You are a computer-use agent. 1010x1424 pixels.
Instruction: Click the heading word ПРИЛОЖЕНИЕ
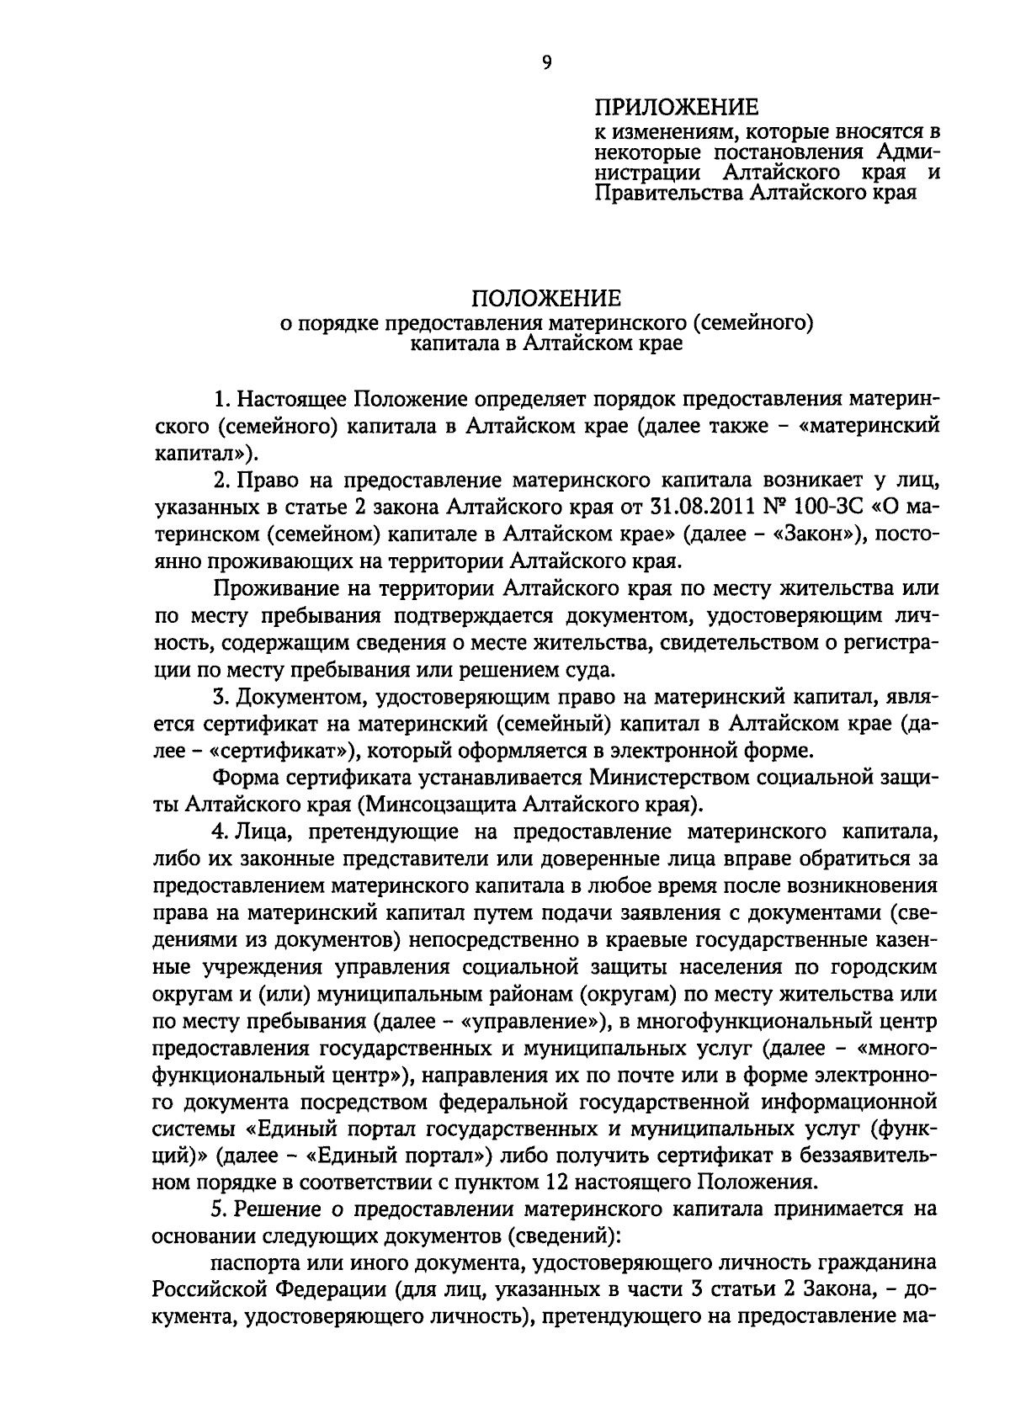point(677,108)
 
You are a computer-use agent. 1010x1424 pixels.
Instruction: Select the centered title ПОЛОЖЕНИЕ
point(545,299)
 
